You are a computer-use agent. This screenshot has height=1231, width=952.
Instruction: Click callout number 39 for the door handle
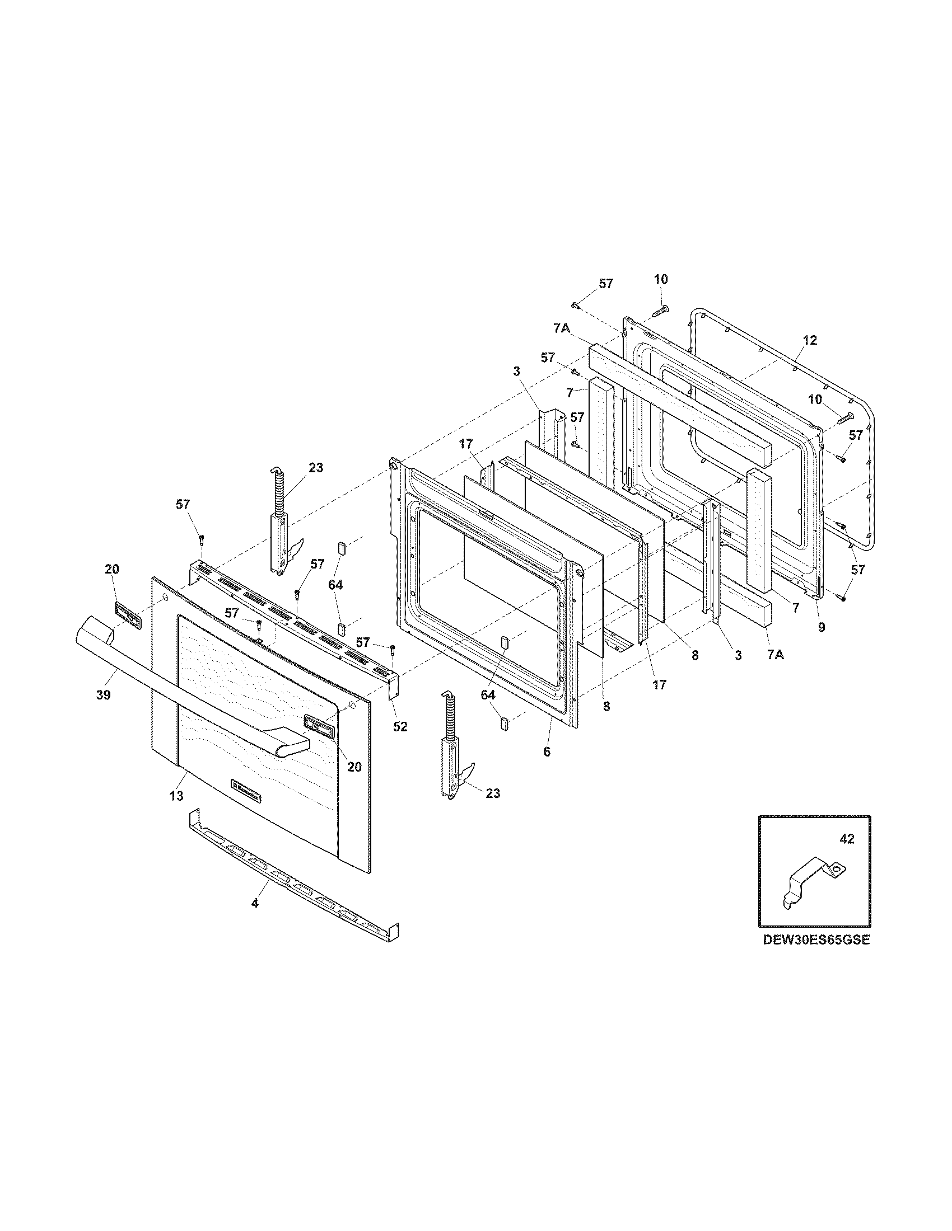pos(102,695)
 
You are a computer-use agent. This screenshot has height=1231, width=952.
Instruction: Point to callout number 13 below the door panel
pos(176,796)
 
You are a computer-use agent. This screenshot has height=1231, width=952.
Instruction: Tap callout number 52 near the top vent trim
pos(400,726)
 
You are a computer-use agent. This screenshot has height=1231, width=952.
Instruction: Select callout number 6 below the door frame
pos(547,752)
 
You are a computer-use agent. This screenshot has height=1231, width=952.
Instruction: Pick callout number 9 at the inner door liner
pos(821,627)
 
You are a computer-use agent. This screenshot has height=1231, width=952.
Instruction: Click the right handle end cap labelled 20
pos(319,724)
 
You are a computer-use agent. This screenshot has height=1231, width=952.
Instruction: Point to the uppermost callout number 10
pos(660,280)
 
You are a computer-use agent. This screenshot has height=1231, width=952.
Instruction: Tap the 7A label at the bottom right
pos(776,655)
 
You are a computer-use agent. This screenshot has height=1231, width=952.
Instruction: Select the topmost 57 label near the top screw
pos(606,284)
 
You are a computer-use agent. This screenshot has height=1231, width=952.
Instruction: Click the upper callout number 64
pos(335,585)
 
